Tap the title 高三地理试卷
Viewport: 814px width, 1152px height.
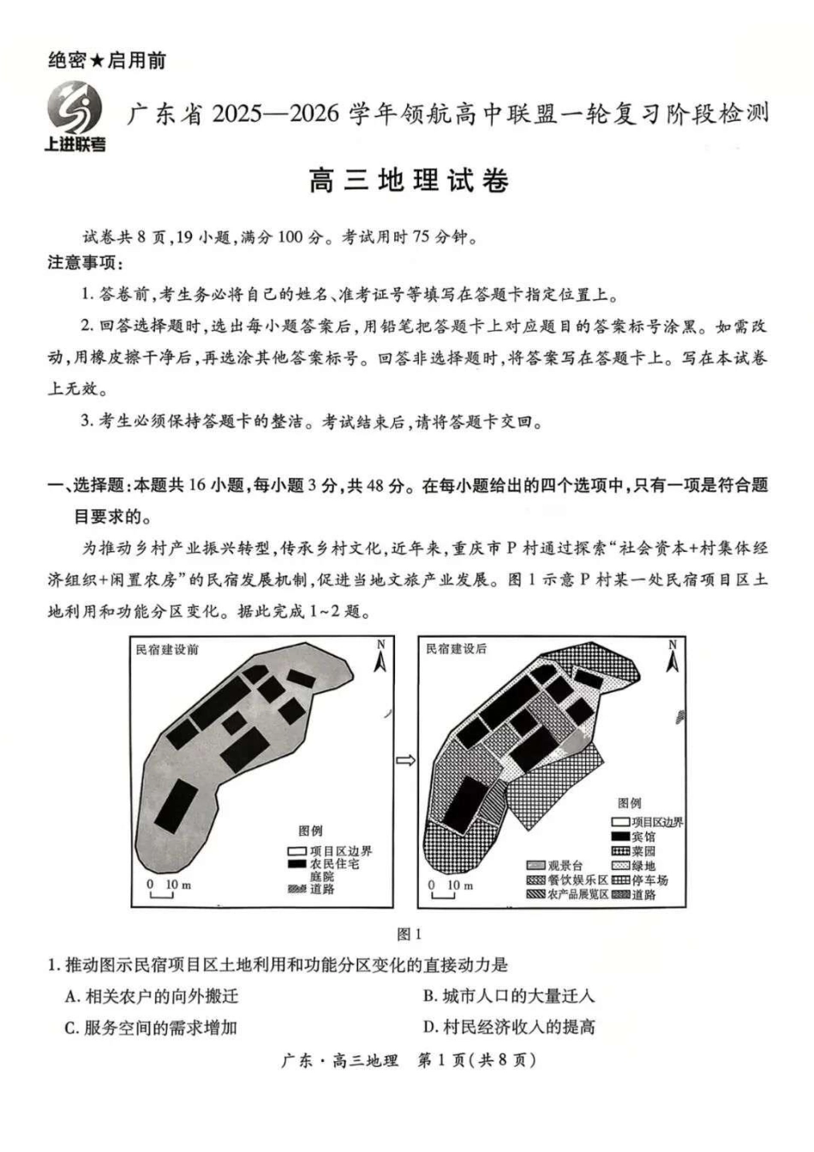coord(408,181)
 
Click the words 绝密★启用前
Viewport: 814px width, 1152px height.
coord(107,60)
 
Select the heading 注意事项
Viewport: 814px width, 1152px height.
coord(85,262)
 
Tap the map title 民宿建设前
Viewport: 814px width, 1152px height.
coord(167,649)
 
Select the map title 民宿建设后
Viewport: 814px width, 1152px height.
coord(456,649)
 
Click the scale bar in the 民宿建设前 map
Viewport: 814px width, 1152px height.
coord(162,892)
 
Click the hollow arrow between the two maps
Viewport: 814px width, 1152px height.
coord(406,759)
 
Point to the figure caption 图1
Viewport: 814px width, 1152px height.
coord(409,933)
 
